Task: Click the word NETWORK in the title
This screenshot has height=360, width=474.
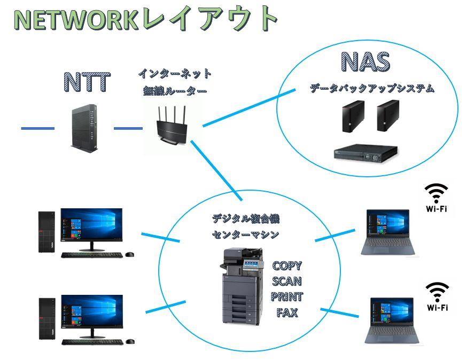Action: (73, 19)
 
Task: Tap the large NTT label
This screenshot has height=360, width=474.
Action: (87, 82)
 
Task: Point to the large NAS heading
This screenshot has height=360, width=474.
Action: (366, 62)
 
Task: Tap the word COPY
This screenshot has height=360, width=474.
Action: (287, 266)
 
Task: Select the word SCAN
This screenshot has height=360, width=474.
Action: (287, 281)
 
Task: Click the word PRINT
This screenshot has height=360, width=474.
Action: (287, 297)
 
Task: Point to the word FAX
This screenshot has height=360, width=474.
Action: (287, 312)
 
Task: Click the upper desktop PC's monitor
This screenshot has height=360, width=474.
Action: (91, 225)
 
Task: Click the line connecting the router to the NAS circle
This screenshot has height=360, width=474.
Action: (249, 107)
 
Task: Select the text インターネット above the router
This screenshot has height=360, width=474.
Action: (175, 73)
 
